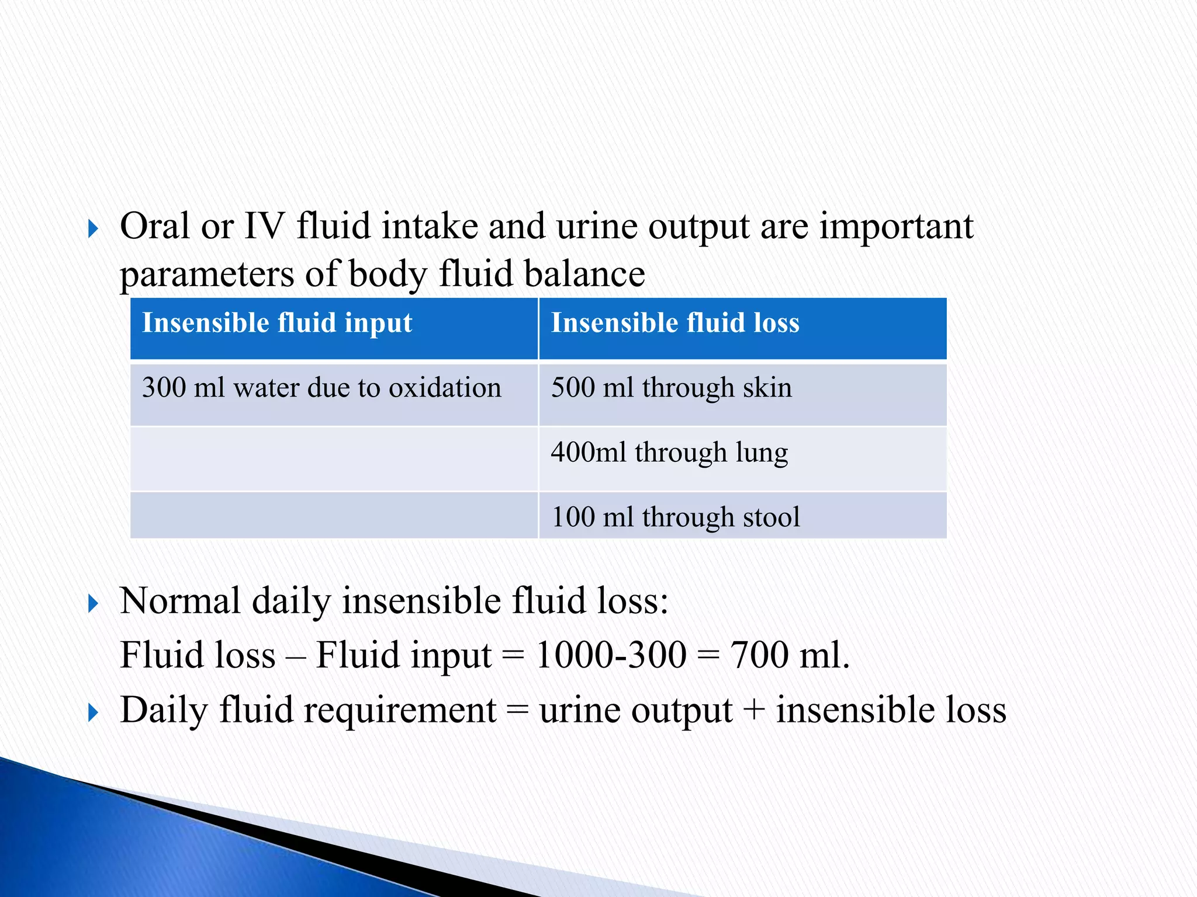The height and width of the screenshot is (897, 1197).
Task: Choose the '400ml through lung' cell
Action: [669, 453]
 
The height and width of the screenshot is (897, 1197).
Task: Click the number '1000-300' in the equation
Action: [611, 655]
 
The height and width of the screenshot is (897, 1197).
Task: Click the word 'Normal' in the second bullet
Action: [180, 602]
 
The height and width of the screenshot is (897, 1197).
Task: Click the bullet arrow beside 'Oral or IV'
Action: [93, 229]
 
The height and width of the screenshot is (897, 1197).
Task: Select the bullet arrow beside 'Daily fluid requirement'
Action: [93, 712]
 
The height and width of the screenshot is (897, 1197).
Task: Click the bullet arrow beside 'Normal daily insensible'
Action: [93, 604]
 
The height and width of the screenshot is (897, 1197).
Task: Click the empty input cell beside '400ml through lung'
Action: [334, 459]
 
